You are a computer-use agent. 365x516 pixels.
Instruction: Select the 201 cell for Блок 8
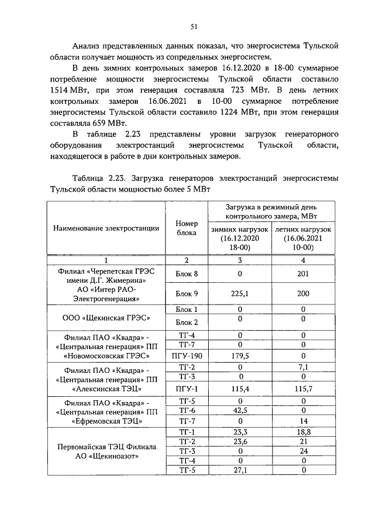[x=303, y=274]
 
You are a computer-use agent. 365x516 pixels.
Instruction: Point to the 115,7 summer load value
[x=303, y=388]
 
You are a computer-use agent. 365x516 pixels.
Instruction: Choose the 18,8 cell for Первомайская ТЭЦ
[x=303, y=432]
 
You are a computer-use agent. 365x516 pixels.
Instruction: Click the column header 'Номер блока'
[x=186, y=228]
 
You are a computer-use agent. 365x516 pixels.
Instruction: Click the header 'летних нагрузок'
[x=303, y=228]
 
